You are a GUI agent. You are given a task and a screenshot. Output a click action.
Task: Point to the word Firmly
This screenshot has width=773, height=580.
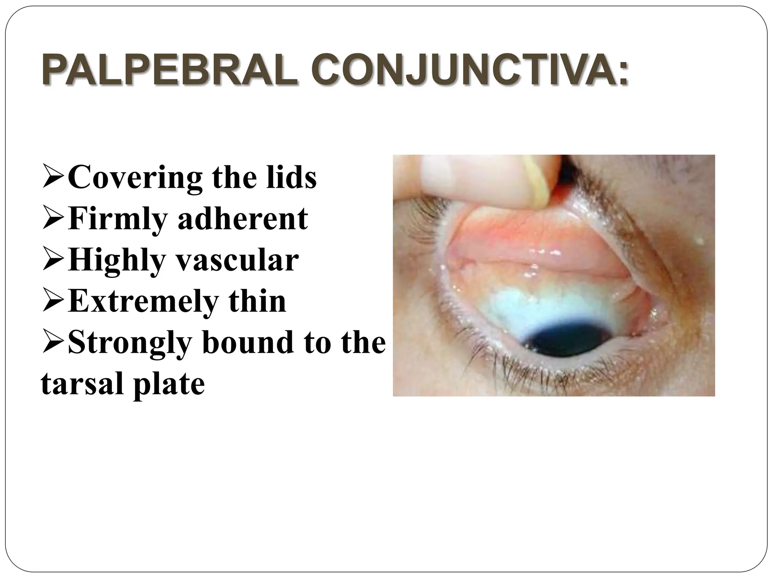tap(117, 219)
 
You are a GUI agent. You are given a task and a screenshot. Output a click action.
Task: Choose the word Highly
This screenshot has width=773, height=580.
tap(117, 260)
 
